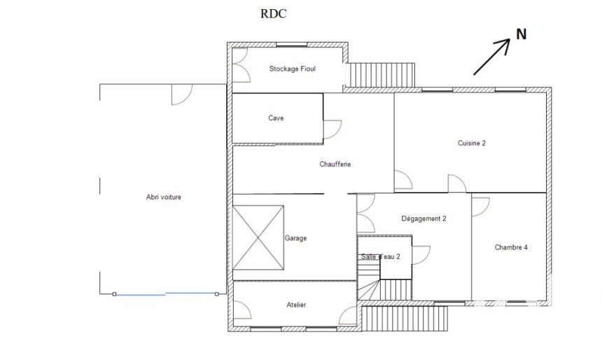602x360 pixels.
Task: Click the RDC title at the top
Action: pyautogui.click(x=274, y=14)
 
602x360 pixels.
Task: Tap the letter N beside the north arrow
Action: pyautogui.click(x=521, y=34)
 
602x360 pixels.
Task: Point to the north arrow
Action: pyautogui.click(x=492, y=57)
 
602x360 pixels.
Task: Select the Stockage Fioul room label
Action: pyautogui.click(x=292, y=69)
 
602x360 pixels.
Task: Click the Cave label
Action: pyautogui.click(x=276, y=118)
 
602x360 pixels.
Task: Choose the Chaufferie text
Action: pyautogui.click(x=335, y=164)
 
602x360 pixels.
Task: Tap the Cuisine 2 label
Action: pyautogui.click(x=472, y=143)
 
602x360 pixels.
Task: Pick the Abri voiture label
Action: pyautogui.click(x=164, y=197)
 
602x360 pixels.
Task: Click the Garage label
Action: pyautogui.click(x=295, y=238)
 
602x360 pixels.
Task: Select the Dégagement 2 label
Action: pyautogui.click(x=424, y=219)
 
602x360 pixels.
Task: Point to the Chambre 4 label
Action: pyautogui.click(x=511, y=247)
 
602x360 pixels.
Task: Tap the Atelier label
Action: pyautogui.click(x=296, y=305)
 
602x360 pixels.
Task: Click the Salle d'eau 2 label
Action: pyautogui.click(x=381, y=256)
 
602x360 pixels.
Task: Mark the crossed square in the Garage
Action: pyautogui.click(x=258, y=238)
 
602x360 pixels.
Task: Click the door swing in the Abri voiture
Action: pyautogui.click(x=181, y=95)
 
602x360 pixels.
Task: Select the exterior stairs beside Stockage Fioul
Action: pyautogui.click(x=380, y=75)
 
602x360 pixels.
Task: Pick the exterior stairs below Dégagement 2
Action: pyautogui.click(x=405, y=318)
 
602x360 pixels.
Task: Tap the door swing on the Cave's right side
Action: pyautogui.click(x=332, y=130)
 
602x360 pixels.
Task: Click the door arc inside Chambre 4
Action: pyautogui.click(x=481, y=207)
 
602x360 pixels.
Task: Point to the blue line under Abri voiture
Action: pyautogui.click(x=165, y=294)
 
